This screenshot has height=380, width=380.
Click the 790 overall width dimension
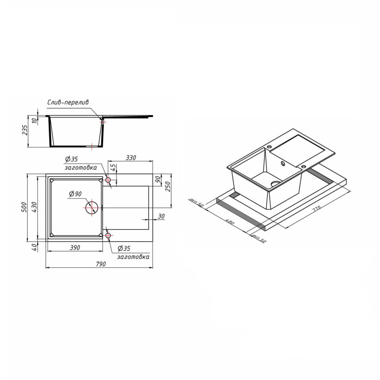pyautogui.click(x=101, y=264)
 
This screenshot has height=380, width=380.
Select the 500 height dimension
pyautogui.click(x=24, y=207)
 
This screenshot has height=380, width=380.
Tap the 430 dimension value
pyautogui.click(x=34, y=207)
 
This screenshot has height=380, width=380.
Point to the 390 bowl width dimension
pyautogui.click(x=75, y=248)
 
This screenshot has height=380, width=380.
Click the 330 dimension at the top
pyautogui.click(x=131, y=158)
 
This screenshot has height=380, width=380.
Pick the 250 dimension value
pyautogui.click(x=168, y=186)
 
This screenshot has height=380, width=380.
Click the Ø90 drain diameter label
pyautogui.click(x=75, y=194)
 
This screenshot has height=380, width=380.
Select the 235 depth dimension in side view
pyautogui.click(x=25, y=130)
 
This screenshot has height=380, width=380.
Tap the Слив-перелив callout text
pyautogui.click(x=68, y=102)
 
